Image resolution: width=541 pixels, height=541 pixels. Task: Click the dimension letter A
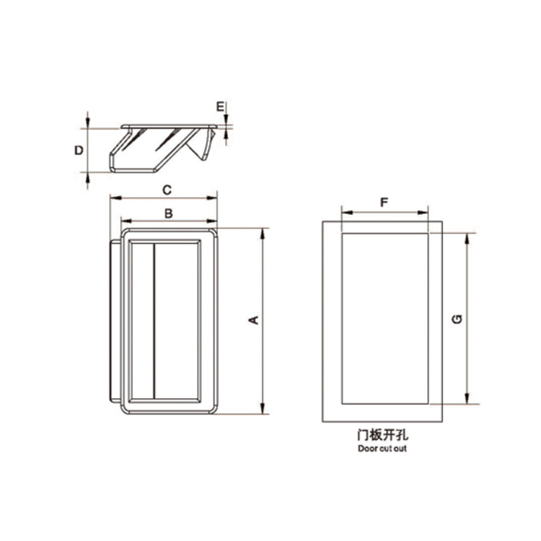pos(253,320)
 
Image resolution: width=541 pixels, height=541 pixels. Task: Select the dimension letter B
pos(167,213)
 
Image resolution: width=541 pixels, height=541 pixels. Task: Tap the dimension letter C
pos(167,190)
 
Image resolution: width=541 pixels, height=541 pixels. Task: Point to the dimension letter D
pos(79,150)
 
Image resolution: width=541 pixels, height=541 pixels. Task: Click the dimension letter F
pos(384,203)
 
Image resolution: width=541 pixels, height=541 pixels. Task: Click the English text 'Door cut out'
pos(382,449)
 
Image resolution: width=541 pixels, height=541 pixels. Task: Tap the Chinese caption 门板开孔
pos(382,435)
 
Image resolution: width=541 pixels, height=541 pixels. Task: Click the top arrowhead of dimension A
pos(263,232)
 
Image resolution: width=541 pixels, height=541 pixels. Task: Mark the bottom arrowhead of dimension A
pos(263,409)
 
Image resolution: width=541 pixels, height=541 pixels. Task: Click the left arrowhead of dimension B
pos(125,220)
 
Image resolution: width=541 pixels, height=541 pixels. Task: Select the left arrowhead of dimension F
pos(345,213)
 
